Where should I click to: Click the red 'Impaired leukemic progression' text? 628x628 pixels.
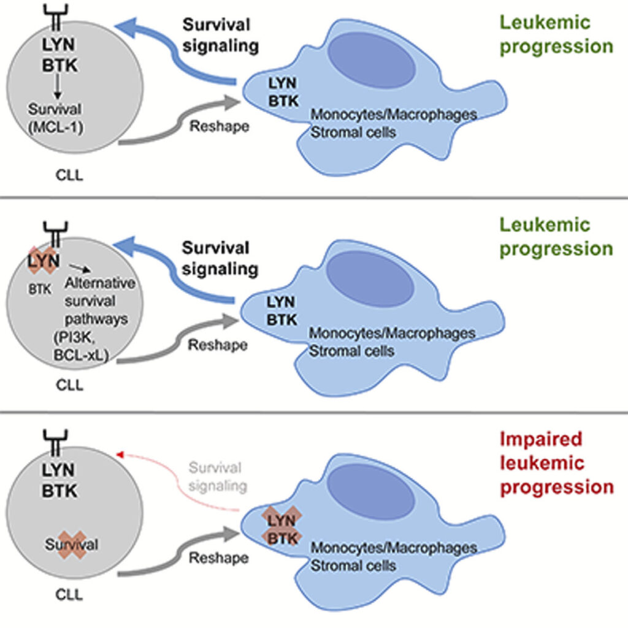[556, 462]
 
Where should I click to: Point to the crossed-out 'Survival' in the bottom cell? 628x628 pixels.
[72, 544]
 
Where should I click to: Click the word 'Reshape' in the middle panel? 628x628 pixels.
[217, 345]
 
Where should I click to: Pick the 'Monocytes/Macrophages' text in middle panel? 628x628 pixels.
[392, 334]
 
